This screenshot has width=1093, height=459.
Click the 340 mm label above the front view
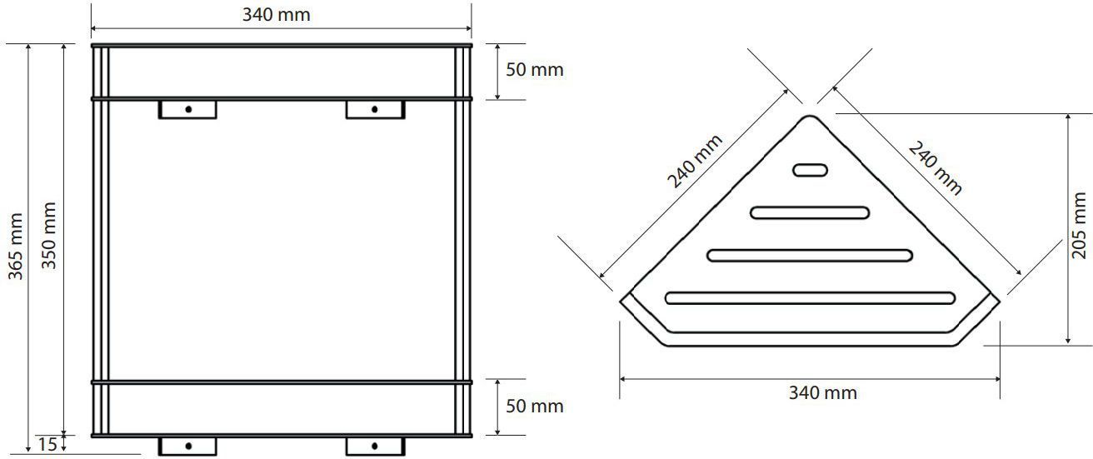(x=281, y=15)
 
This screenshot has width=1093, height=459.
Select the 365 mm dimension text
(x=16, y=247)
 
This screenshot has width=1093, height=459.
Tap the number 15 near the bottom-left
(x=47, y=445)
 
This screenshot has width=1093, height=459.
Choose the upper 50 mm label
(x=535, y=70)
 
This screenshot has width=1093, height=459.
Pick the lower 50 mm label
(x=535, y=407)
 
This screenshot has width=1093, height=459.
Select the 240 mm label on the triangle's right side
(x=935, y=168)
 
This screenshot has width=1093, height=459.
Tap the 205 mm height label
(x=1080, y=225)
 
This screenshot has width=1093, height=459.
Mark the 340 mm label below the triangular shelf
(x=822, y=393)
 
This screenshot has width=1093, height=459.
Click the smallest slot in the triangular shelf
(x=810, y=170)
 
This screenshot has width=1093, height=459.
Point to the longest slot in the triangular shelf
(x=810, y=297)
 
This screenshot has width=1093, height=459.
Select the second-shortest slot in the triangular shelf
(x=810, y=212)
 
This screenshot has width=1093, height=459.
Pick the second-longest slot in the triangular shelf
(x=810, y=255)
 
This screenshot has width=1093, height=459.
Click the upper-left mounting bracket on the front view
(x=187, y=109)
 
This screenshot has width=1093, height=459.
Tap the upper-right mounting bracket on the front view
(x=375, y=109)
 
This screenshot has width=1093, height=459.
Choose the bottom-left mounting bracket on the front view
(x=187, y=446)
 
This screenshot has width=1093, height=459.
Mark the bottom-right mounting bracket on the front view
(x=375, y=446)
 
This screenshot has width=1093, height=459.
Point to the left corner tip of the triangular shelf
(x=623, y=298)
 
